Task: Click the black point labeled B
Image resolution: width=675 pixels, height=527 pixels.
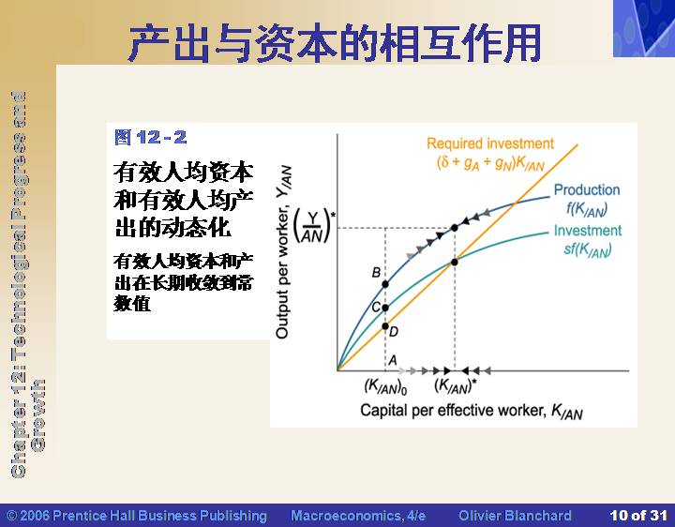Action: (x=385, y=284)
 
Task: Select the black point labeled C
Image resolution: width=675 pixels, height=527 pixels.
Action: (x=385, y=308)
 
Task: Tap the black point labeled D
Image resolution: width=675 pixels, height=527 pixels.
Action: (x=385, y=326)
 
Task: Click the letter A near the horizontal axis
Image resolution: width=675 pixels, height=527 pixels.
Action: (x=393, y=360)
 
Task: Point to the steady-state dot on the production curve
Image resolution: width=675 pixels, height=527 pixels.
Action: (x=454, y=227)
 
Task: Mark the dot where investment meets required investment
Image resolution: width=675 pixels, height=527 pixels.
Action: (x=454, y=262)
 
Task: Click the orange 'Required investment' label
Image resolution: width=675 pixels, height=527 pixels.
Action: (x=490, y=143)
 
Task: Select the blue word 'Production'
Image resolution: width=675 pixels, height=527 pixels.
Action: (x=587, y=189)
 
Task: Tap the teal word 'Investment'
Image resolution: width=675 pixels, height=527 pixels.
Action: (x=588, y=231)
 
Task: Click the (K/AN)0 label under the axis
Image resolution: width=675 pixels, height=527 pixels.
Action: (x=385, y=385)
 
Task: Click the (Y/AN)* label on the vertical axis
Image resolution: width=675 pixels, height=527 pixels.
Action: (x=314, y=226)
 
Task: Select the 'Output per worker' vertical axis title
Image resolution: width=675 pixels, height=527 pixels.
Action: (x=283, y=252)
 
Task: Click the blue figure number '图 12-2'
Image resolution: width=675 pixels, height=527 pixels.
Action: (x=151, y=137)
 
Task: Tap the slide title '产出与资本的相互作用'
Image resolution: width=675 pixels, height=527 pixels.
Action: (x=334, y=43)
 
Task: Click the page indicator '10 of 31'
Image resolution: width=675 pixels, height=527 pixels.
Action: (x=638, y=516)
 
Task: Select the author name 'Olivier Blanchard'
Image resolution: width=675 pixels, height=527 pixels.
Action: (x=516, y=516)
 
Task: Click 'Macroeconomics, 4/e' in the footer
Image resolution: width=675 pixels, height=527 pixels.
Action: (x=358, y=516)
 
